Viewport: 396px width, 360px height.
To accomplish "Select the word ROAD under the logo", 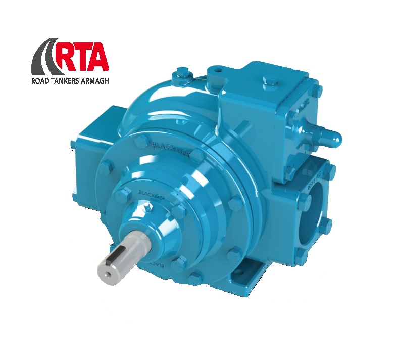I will (x=43, y=80).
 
